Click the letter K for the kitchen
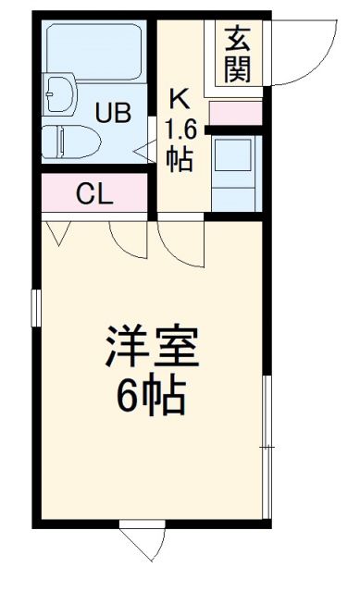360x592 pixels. point(179,97)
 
